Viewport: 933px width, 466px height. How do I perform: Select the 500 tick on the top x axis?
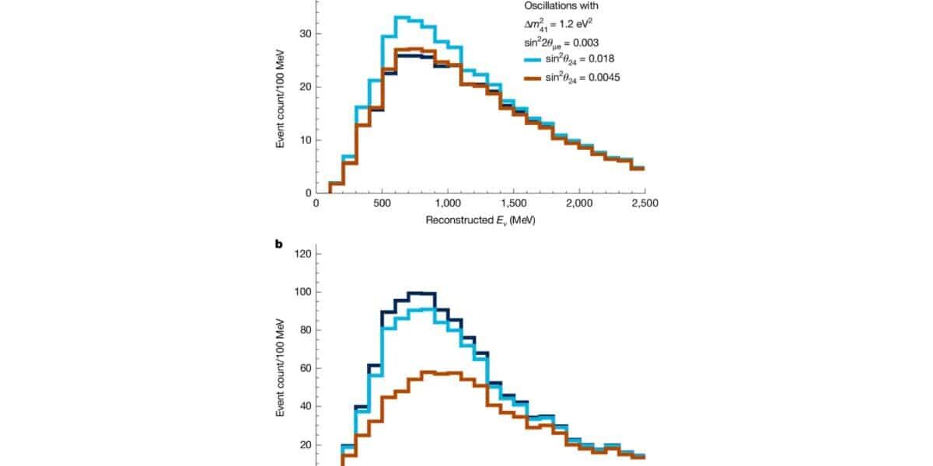(382, 203)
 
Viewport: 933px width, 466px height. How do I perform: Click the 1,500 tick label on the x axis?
(513, 203)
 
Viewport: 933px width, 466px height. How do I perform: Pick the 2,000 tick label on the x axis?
(579, 203)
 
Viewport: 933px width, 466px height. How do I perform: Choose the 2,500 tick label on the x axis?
(645, 203)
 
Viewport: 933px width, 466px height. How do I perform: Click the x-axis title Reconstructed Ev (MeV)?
(480, 220)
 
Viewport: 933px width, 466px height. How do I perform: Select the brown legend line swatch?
(533, 78)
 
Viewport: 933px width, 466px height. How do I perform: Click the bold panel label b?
(279, 243)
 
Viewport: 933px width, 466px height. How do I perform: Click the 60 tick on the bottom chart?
(304, 368)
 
